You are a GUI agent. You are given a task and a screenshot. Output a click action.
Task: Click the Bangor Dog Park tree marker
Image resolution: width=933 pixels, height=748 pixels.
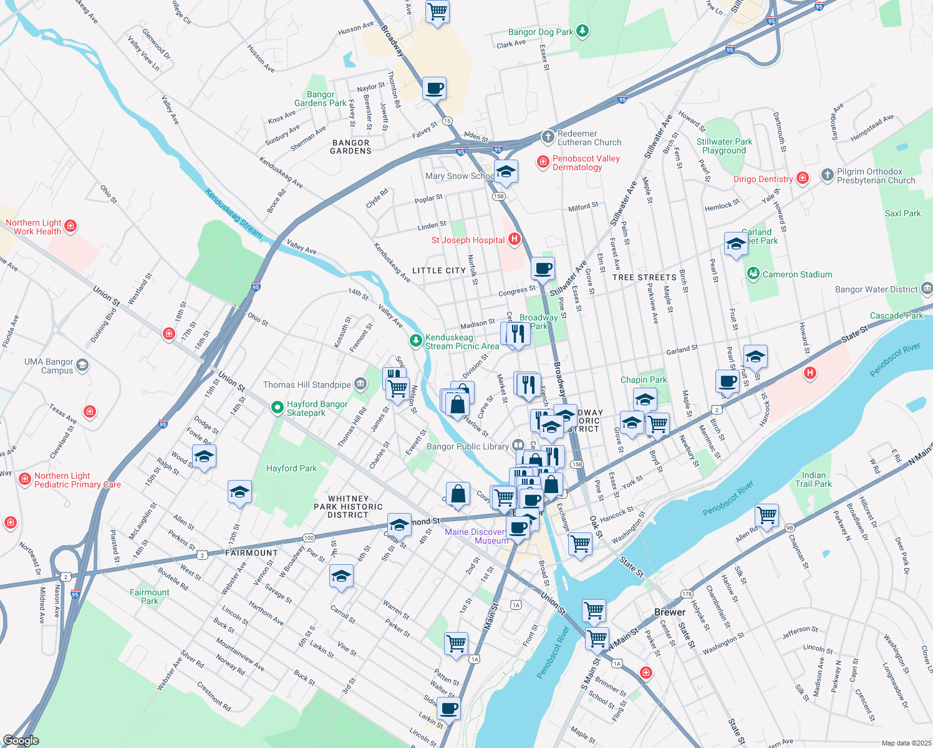(582, 31)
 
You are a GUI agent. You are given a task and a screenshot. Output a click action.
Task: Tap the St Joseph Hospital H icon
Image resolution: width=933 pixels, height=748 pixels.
(515, 239)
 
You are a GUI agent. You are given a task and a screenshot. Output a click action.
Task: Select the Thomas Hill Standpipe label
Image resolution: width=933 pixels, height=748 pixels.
(307, 385)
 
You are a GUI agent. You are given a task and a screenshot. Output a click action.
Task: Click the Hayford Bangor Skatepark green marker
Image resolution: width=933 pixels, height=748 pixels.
(277, 407)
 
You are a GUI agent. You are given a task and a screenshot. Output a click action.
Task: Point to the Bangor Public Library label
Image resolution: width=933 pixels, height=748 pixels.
(468, 446)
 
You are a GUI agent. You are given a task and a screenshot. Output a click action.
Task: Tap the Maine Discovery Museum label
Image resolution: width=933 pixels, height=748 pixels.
(476, 536)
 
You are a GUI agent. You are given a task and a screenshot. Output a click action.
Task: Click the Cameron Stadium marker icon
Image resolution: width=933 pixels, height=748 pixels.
(753, 274)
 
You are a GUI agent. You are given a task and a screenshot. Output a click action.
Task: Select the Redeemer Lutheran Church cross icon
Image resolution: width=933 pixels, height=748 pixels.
(548, 137)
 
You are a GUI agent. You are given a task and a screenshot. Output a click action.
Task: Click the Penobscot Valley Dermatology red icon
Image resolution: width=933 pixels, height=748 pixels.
(543, 162)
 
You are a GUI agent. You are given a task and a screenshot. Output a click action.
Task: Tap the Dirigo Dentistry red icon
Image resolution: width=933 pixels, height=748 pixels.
(803, 178)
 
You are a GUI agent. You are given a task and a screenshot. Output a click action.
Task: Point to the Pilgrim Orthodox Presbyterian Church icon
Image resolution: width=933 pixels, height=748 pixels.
(827, 175)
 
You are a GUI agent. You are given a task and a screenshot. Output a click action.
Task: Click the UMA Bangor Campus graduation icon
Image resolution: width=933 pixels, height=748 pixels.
(82, 365)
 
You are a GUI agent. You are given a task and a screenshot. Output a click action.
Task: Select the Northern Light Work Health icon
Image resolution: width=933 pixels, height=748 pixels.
(70, 226)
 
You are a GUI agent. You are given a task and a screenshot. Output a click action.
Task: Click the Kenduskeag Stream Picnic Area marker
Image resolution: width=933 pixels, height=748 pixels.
(415, 340)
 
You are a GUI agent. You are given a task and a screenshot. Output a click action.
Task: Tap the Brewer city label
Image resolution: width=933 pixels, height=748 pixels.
(670, 612)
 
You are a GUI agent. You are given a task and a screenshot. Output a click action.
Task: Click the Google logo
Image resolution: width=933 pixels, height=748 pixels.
(21, 741)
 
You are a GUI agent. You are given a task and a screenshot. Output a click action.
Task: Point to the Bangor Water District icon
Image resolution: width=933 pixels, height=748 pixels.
(926, 289)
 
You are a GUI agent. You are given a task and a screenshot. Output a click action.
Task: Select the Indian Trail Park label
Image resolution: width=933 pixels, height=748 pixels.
(813, 479)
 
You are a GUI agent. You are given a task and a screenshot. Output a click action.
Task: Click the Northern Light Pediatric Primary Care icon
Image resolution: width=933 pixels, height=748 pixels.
(25, 479)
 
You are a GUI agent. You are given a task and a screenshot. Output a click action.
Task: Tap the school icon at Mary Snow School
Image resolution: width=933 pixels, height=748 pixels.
(506, 171)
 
